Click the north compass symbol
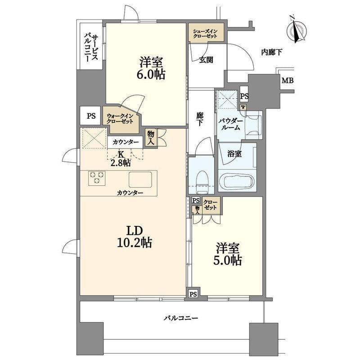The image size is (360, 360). [297, 30]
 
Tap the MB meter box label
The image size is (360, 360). [288, 81]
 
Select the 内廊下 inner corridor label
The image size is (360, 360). [272, 52]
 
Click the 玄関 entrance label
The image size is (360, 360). [206, 60]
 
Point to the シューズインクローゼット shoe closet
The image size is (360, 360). [206, 32]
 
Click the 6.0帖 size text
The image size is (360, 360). [151, 74]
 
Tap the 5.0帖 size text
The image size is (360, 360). [227, 261]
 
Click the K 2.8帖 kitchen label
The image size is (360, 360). [121, 158]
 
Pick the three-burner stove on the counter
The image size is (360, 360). [97, 178]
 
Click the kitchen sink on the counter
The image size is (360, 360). [140, 179]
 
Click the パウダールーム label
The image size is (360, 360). [231, 124]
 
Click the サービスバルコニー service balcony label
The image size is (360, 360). [91, 48]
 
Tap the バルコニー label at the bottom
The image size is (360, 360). [181, 318]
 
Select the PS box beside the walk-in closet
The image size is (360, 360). [90, 116]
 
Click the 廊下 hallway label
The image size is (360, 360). [200, 119]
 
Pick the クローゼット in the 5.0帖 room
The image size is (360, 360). [210, 205]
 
